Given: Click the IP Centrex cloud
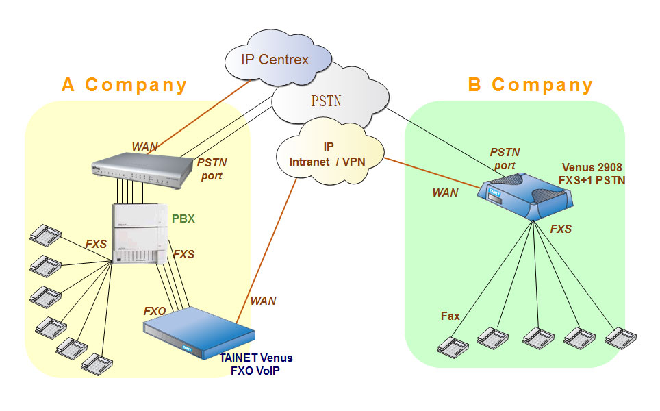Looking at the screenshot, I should (x=275, y=60).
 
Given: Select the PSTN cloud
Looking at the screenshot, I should (x=326, y=101).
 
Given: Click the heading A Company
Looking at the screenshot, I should (x=124, y=85).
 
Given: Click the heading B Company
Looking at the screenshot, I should (x=530, y=85).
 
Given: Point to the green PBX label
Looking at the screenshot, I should (x=183, y=219).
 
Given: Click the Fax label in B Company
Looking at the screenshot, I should (x=450, y=316).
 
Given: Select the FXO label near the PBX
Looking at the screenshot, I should (x=155, y=311).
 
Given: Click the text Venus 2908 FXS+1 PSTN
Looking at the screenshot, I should (x=593, y=173).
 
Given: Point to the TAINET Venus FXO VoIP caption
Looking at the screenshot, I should (x=256, y=364).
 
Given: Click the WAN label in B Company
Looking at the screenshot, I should (x=445, y=192).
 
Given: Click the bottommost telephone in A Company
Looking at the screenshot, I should (x=96, y=362).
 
